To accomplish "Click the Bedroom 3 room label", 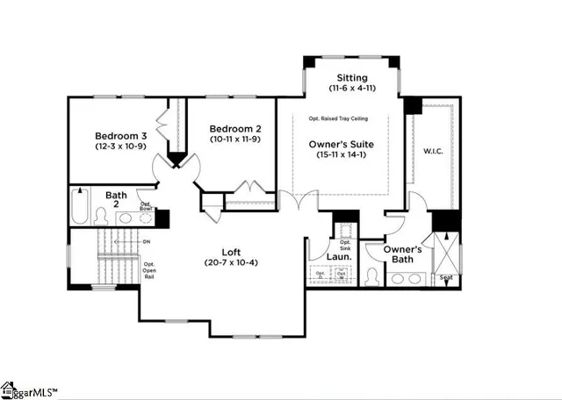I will [x=121, y=136].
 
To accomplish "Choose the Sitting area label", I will [x=350, y=77].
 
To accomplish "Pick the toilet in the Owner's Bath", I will [x=372, y=277].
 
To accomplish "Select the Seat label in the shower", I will [x=446, y=278].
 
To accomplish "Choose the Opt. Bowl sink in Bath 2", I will [x=146, y=207].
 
